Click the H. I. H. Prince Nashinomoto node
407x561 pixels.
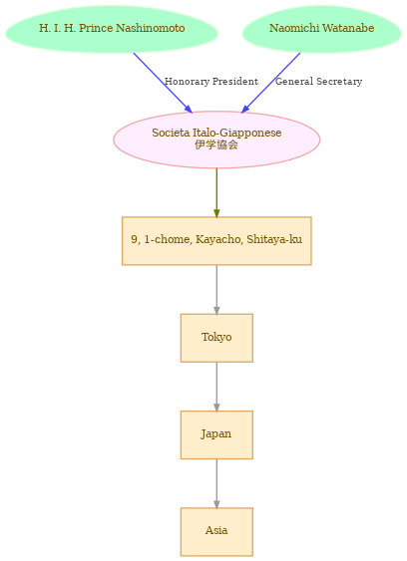(112, 29)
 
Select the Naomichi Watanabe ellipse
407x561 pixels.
(322, 29)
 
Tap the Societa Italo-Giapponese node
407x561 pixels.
(216, 140)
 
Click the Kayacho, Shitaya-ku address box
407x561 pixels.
(216, 241)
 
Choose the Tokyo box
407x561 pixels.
(216, 338)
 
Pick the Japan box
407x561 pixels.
(216, 434)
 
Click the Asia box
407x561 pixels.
(216, 532)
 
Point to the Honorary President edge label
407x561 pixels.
(211, 82)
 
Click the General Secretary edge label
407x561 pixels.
(318, 82)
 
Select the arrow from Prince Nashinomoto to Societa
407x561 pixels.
(163, 83)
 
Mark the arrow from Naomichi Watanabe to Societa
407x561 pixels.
(271, 83)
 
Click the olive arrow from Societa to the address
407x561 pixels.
(216, 192)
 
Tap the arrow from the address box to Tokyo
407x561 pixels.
(216, 290)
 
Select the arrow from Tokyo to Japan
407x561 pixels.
(216, 387)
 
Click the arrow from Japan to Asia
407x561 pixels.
(216, 483)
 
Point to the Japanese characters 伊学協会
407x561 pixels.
(216, 144)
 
